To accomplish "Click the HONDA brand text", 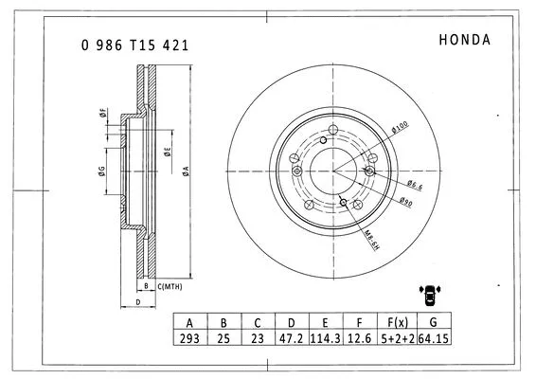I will click(x=464, y=40).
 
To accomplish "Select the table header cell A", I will click(x=190, y=323).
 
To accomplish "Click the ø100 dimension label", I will click(x=401, y=126).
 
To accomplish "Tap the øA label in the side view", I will click(x=186, y=170).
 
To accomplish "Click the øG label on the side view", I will click(x=100, y=171).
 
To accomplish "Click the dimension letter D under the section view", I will click(x=138, y=302).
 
